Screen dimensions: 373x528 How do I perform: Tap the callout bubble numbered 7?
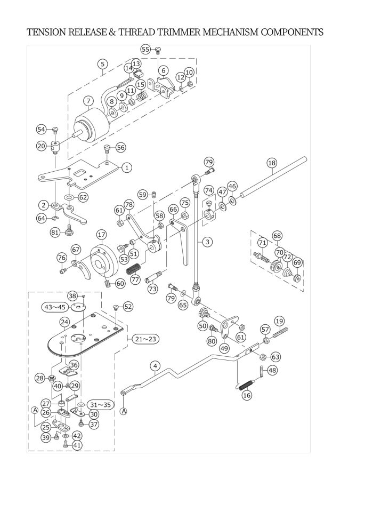(88, 101)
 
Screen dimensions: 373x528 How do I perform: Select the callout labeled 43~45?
(55, 307)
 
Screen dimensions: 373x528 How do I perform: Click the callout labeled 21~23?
(145, 339)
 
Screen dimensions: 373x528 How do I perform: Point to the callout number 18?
(272, 163)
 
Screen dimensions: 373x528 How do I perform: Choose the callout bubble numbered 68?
(278, 235)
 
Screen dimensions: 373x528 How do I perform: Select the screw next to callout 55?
(159, 51)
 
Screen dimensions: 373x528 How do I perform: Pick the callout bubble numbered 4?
(155, 366)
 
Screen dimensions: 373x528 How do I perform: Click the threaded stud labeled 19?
(280, 333)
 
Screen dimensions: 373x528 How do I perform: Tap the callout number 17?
(101, 235)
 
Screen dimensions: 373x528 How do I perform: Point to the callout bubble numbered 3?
(207, 242)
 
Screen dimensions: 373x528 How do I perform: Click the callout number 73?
(152, 289)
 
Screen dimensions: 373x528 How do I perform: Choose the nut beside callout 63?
(264, 356)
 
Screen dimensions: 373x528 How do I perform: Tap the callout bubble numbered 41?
(77, 445)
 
